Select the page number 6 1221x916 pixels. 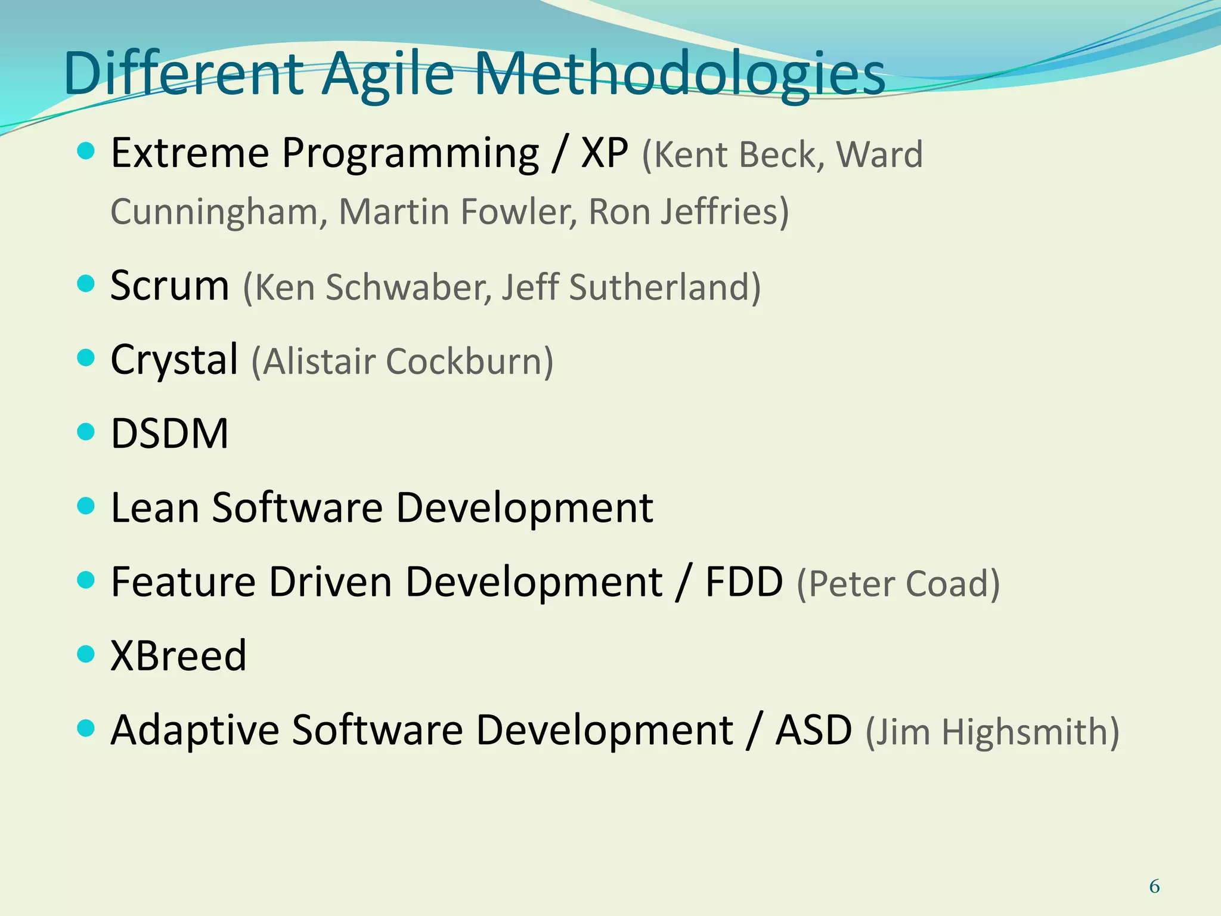coord(1154,887)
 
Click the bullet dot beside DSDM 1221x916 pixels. coord(86,431)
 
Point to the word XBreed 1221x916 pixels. coord(178,655)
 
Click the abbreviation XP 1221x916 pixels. coord(604,153)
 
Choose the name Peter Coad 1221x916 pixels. coord(898,583)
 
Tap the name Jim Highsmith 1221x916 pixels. coord(992,732)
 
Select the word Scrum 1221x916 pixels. coord(170,286)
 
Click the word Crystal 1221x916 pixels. coord(174,360)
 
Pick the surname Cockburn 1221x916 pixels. coord(469,361)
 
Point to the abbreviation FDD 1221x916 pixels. coord(743,581)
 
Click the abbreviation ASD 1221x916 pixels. coord(813,730)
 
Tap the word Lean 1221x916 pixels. coord(155,507)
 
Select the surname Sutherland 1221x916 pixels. coord(664,287)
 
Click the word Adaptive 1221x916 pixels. coord(195,730)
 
